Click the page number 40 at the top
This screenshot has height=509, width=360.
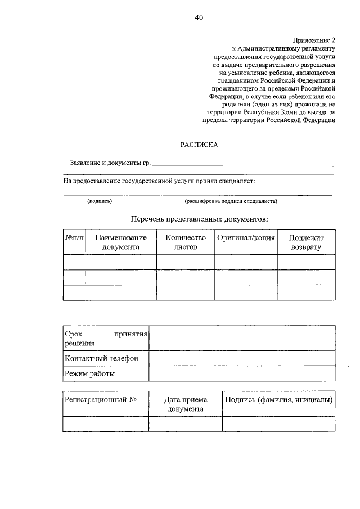[x=199, y=17]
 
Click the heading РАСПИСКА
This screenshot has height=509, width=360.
[x=199, y=145]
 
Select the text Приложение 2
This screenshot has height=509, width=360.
[x=314, y=40]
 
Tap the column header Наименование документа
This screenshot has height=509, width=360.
[x=120, y=242]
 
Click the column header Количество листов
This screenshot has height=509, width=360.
[x=186, y=242]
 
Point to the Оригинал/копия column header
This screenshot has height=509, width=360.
[x=246, y=238]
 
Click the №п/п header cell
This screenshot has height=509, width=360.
[x=74, y=238]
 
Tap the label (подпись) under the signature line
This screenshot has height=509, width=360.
[x=99, y=201]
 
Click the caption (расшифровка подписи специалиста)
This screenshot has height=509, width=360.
[x=231, y=201]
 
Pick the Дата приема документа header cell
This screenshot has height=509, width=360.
[x=185, y=404]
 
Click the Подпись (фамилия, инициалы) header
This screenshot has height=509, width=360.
[x=278, y=399]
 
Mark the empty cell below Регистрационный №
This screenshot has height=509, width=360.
[x=106, y=424]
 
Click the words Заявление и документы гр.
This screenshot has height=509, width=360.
[x=110, y=163]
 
